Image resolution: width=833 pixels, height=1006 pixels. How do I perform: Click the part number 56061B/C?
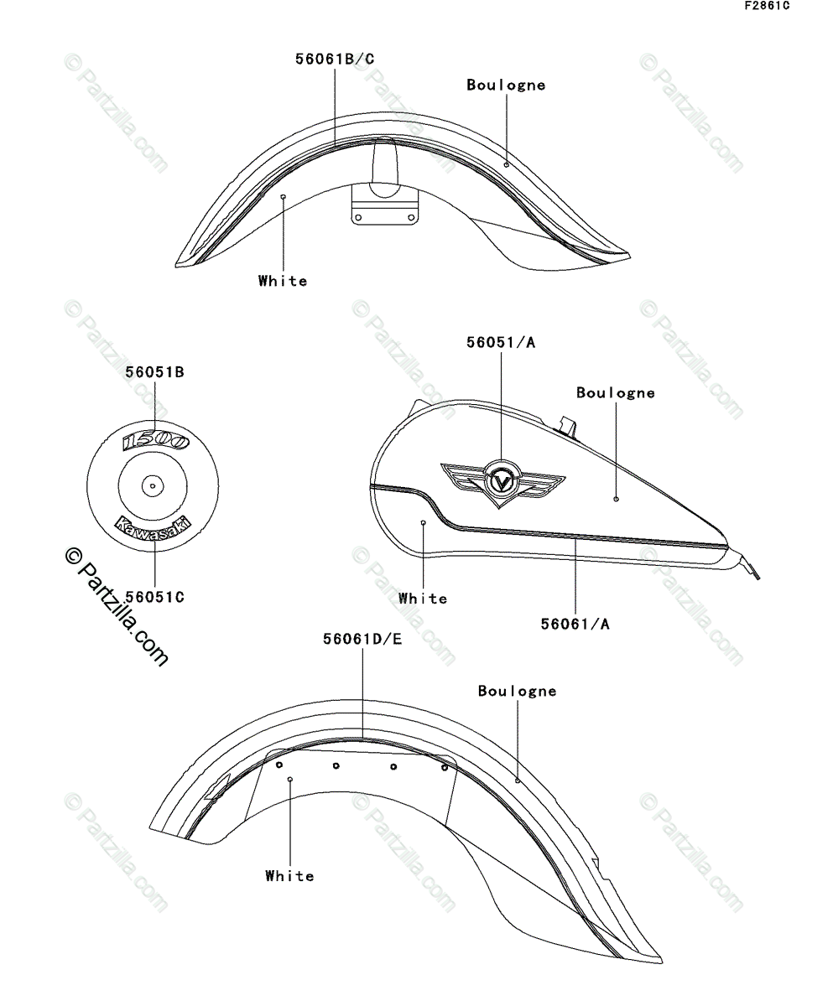[335, 59]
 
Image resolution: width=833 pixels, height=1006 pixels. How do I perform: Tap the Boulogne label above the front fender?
[506, 85]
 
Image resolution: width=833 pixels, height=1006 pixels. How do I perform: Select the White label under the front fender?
[283, 281]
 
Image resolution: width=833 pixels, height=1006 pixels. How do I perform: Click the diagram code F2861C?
[767, 7]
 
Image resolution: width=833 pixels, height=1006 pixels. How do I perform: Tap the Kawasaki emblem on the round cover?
[153, 526]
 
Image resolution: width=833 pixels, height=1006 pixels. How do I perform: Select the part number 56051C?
[154, 597]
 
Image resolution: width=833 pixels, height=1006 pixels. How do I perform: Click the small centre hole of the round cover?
[153, 484]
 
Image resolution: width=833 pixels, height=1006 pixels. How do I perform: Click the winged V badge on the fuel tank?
[502, 484]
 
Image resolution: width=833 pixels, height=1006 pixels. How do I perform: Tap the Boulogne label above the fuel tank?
[615, 392]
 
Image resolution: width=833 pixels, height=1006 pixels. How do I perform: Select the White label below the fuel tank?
[423, 599]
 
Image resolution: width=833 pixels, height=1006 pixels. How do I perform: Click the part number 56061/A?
[575, 623]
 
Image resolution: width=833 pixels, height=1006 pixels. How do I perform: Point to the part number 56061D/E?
[362, 639]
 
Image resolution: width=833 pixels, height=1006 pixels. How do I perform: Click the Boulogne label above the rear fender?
[517, 691]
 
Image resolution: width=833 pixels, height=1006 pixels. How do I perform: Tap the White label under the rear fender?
[289, 876]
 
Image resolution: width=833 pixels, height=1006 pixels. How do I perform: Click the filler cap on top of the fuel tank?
[568, 424]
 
